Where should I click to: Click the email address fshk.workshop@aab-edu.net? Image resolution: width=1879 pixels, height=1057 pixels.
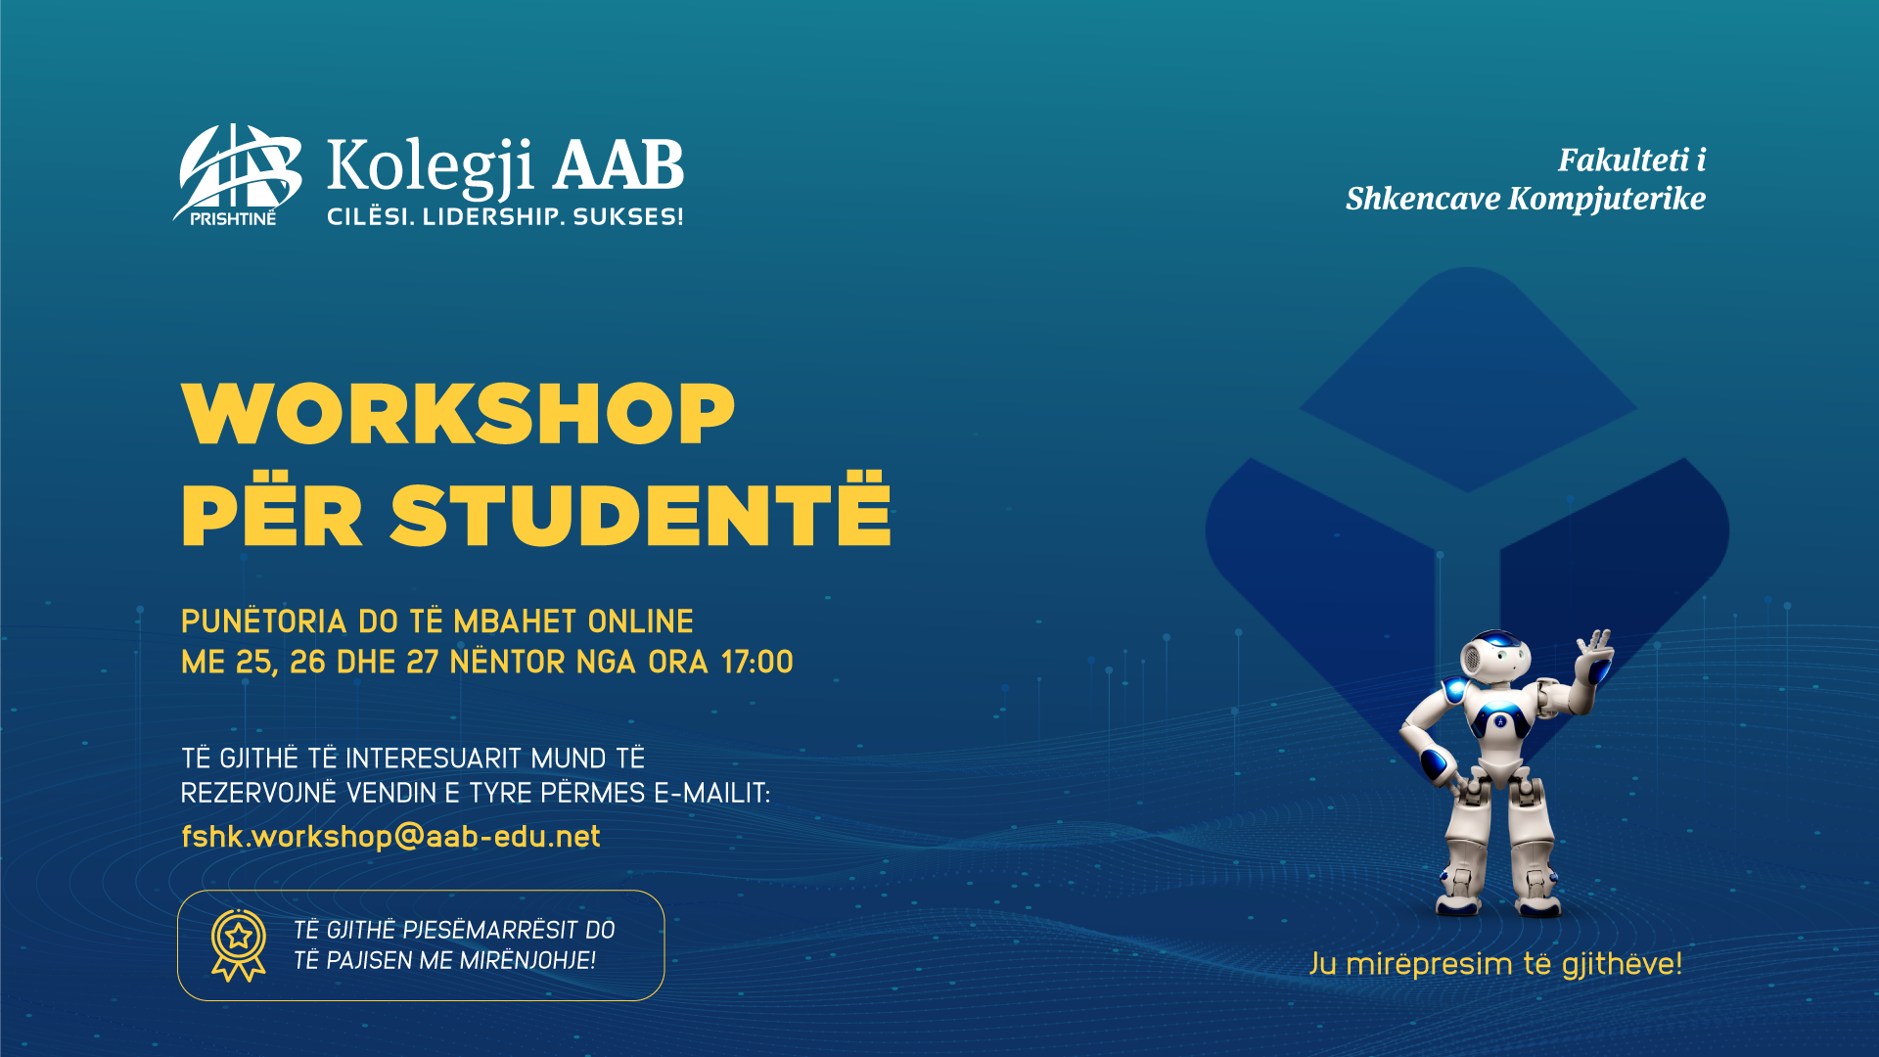click(390, 836)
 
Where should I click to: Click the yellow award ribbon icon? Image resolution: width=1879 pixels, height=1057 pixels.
click(239, 945)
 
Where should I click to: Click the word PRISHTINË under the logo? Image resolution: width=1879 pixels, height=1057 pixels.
click(233, 218)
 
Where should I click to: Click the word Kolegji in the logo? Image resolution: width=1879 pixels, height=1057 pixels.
click(431, 166)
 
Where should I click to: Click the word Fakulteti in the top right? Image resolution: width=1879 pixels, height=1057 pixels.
click(1624, 160)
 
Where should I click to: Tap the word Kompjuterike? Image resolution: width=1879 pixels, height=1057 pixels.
click(1607, 199)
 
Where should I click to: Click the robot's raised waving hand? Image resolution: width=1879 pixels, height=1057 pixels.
click(1594, 653)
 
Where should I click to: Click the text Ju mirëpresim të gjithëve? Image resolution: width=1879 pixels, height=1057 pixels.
click(1496, 964)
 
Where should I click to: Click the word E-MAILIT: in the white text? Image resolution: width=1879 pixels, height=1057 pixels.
click(712, 793)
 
